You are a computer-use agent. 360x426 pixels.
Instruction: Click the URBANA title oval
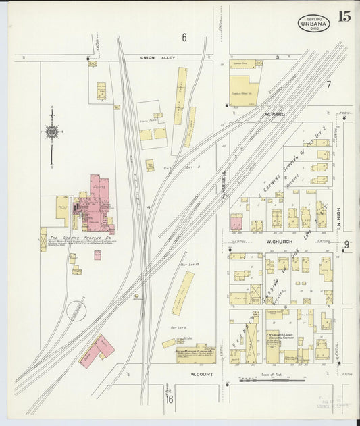pos(313,24)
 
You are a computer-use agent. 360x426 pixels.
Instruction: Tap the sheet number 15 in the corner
pos(344,16)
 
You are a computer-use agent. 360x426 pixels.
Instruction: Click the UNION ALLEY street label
pos(157,58)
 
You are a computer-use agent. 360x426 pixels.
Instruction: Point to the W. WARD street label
pos(276,114)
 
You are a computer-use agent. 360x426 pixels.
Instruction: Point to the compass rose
pos(52,133)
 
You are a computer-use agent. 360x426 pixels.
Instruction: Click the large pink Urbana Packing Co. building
pos(95,203)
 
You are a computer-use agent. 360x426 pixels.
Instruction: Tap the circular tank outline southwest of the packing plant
pos(78,311)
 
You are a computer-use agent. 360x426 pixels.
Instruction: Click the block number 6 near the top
pos(183,36)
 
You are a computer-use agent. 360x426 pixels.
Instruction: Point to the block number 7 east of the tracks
pos(328,84)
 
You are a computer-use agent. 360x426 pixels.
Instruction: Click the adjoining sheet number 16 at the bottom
pos(170,400)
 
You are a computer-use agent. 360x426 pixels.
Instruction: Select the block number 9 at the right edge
pos(346,244)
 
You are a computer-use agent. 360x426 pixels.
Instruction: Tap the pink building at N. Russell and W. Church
pos(236,223)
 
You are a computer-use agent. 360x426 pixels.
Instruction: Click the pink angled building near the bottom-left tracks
pos(96,350)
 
